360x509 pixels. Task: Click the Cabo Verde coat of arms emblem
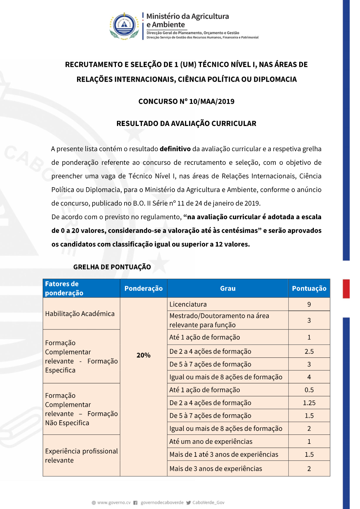click(124, 26)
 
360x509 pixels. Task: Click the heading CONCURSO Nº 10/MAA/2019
click(186, 102)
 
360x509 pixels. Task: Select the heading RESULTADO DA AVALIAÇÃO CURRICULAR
click(186, 123)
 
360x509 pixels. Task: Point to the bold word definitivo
click(175, 149)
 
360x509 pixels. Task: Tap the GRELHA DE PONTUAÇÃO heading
click(112, 267)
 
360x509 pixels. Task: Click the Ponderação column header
click(143, 288)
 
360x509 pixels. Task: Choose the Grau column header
click(228, 288)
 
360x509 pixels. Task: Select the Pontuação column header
click(309, 288)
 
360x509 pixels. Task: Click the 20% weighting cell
click(143, 355)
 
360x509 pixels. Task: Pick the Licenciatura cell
click(188, 305)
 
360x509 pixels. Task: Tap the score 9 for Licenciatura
click(309, 305)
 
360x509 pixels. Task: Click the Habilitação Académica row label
click(80, 314)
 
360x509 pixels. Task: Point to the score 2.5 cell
click(309, 352)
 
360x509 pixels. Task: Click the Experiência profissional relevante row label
click(81, 456)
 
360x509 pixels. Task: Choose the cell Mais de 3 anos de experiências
click(216, 469)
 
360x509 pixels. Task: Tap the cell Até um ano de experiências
click(211, 442)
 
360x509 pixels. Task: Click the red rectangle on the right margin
click(346, 289)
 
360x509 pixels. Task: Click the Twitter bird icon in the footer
click(189, 503)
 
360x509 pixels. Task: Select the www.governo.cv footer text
click(114, 503)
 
